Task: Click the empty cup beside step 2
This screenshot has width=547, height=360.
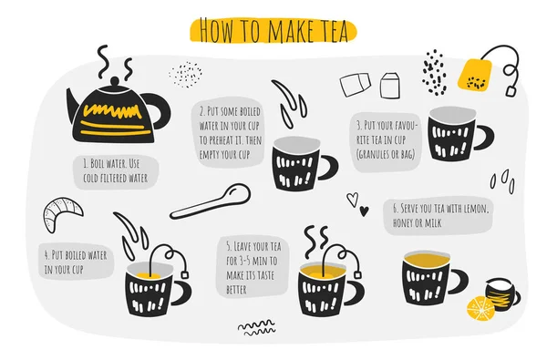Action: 298,164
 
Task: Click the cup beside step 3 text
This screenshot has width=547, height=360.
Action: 454,132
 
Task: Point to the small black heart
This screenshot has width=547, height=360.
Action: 364,211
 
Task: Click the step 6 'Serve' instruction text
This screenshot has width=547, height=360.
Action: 441,215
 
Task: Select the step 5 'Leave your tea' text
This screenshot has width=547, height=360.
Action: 252,267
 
